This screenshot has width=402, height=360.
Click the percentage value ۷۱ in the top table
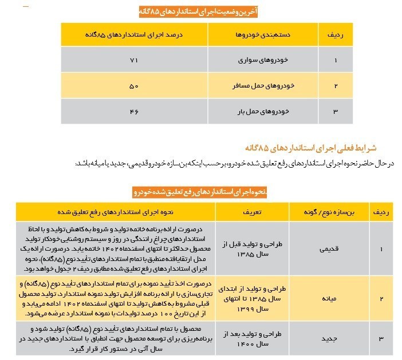pos(134,60)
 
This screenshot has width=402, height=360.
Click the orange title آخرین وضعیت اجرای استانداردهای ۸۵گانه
pos(200,11)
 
